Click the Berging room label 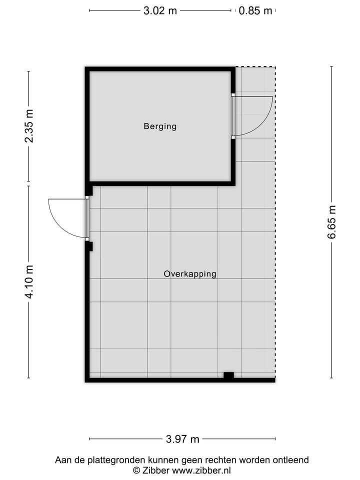[x=160, y=126]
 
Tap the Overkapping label [x=190, y=274]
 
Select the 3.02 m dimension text [x=160, y=10]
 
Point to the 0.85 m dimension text [x=255, y=10]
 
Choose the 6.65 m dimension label [x=332, y=222]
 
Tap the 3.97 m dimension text [x=182, y=439]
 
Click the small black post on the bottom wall [x=228, y=375]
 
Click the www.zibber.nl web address [x=201, y=470]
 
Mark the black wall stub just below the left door [x=89, y=246]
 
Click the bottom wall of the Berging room [x=160, y=183]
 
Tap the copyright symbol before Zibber [x=136, y=470]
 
